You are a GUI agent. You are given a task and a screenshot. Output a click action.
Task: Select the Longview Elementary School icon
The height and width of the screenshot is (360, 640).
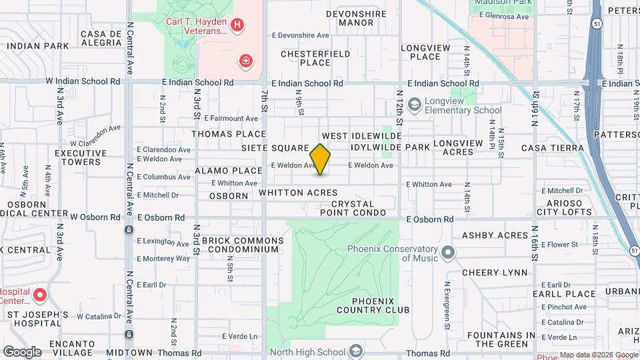click(414, 105)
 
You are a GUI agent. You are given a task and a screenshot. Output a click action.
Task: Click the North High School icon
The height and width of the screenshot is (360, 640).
click(356, 351)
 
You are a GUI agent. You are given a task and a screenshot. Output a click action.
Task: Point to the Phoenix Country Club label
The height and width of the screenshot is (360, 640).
click(373, 305)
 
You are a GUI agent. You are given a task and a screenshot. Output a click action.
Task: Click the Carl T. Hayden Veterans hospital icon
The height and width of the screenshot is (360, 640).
click(237, 26)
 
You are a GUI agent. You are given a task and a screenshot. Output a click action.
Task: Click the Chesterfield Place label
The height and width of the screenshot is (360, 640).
click(306, 58)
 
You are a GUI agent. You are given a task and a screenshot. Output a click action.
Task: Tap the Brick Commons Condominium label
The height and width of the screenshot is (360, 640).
click(239, 245)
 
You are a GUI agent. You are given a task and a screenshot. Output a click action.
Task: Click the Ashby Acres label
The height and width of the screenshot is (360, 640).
click(495, 235)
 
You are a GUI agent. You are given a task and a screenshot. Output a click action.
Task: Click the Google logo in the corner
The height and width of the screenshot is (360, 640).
click(22, 351)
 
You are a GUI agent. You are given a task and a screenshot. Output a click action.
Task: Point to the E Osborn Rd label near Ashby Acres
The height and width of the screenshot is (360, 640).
click(431, 219)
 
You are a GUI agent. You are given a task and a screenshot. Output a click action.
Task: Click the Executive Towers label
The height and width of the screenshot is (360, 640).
click(81, 157)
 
